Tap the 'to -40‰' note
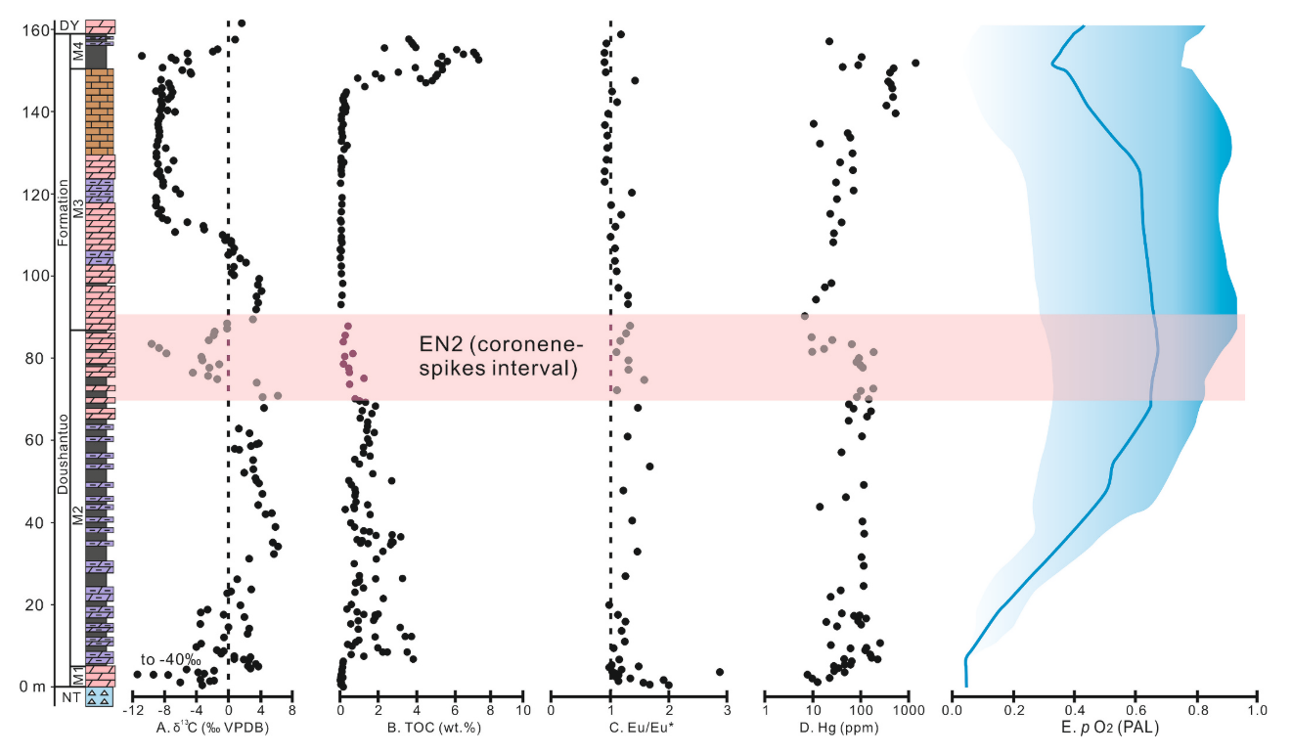click(x=169, y=658)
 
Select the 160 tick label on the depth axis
click(x=34, y=30)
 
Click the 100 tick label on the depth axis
click(x=34, y=277)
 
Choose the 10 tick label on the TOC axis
click(x=523, y=709)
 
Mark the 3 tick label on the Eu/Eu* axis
click(x=727, y=709)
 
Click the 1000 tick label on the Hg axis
click(x=909, y=709)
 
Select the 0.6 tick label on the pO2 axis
click(x=1135, y=709)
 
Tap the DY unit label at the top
click(x=68, y=25)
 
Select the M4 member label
click(x=77, y=53)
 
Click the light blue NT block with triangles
click(x=100, y=696)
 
